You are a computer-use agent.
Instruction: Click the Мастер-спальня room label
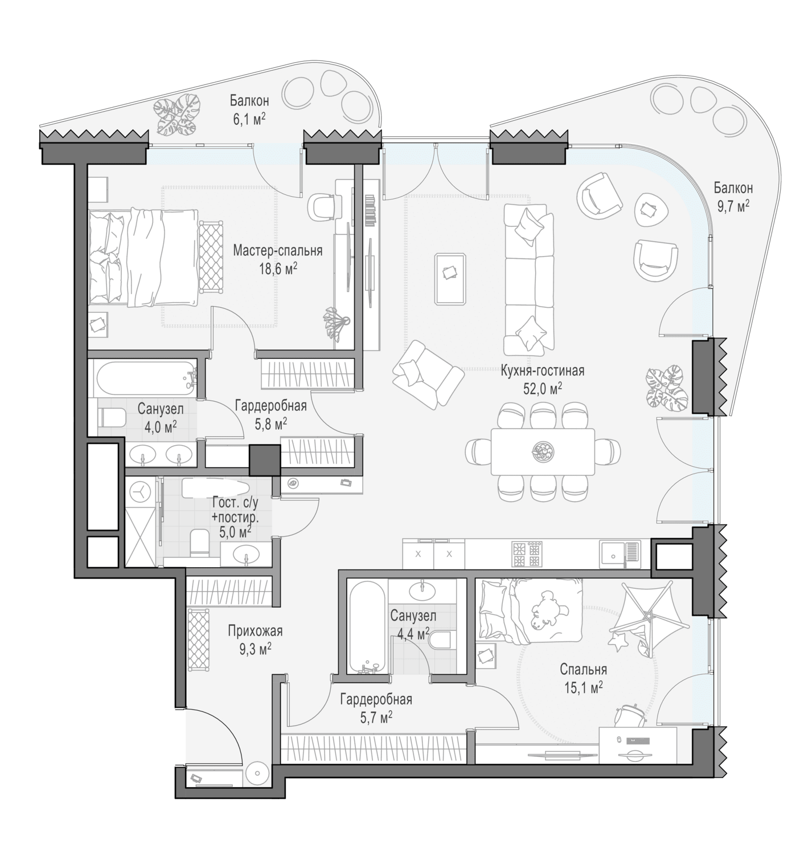pos(277,251)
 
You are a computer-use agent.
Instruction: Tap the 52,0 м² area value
pos(543,388)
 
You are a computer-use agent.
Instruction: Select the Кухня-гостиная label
pos(543,370)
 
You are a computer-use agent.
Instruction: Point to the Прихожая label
pos(255,631)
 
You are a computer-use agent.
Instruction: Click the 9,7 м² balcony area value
pos(732,206)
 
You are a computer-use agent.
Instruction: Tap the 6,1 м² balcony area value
pos(249,119)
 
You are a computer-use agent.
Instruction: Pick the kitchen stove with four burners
pos(526,553)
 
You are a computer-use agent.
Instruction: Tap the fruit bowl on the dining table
pos(543,451)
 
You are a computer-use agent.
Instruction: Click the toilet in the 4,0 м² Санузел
pos(112,417)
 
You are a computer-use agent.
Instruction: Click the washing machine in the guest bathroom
pos(140,491)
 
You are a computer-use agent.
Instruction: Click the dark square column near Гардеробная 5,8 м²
pos(265,460)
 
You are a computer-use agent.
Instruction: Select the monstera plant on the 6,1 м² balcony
pos(178,114)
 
